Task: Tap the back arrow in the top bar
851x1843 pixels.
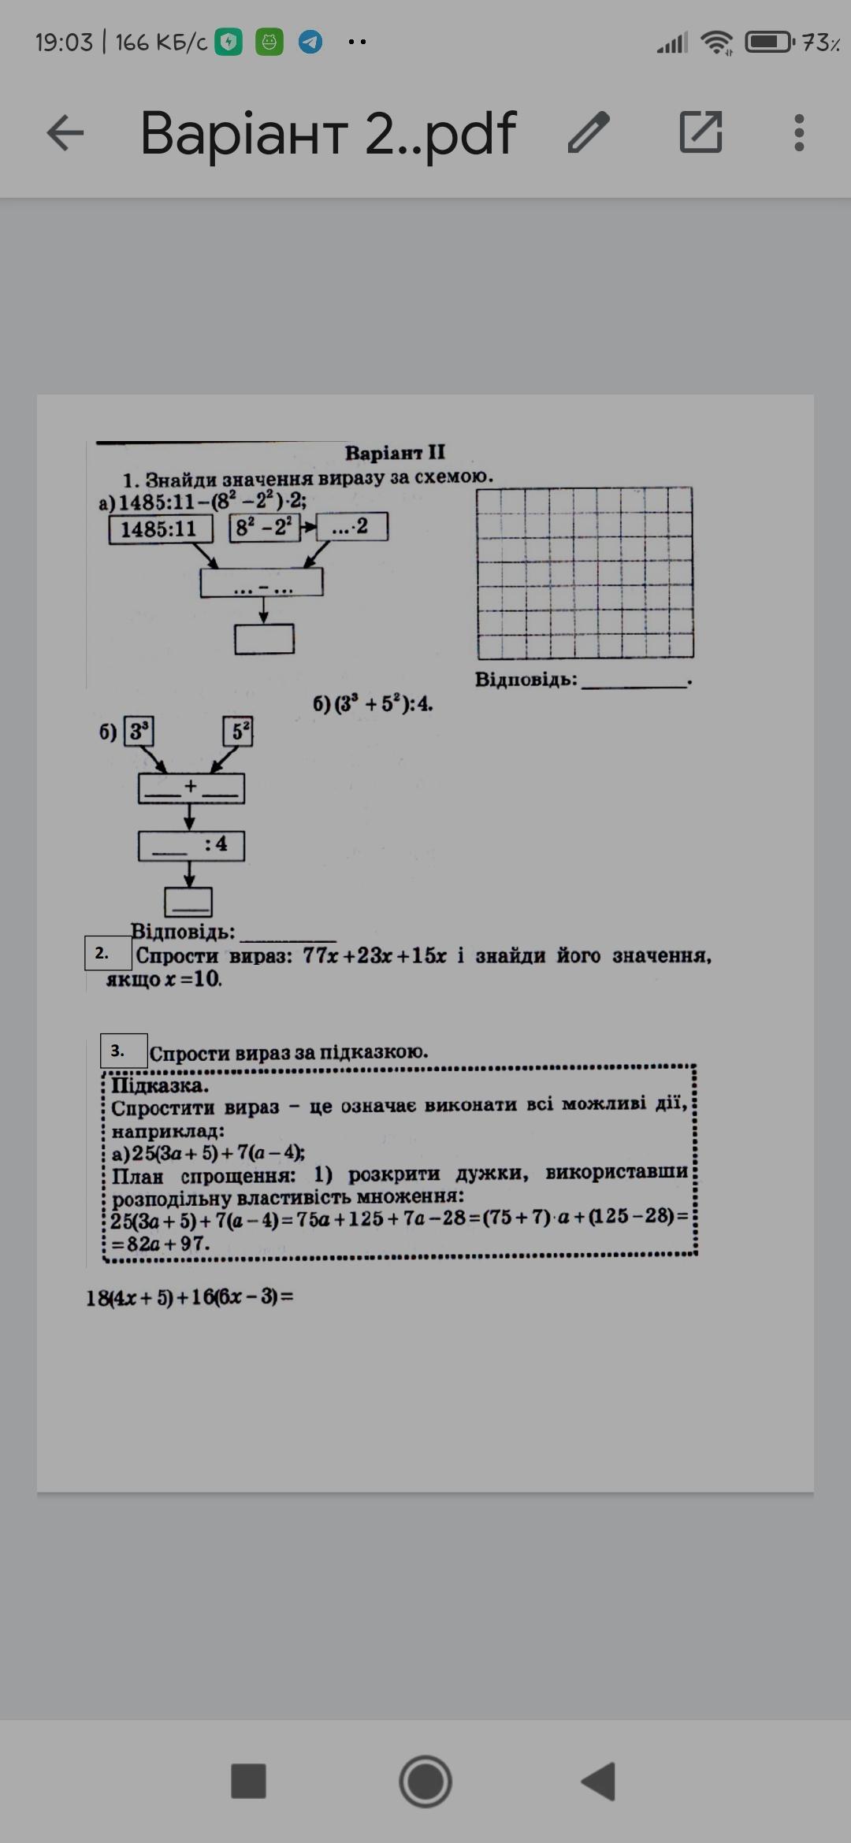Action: [x=65, y=132]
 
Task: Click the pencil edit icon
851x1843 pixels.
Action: [x=589, y=132]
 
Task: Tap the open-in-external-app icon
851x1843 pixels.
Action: [x=700, y=132]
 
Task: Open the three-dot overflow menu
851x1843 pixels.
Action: [x=799, y=132]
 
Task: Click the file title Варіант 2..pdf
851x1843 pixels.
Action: [x=328, y=132]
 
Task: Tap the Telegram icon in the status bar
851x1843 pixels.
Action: [x=310, y=42]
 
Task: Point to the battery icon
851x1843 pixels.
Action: [x=769, y=42]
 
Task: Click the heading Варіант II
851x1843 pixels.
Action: [x=395, y=453]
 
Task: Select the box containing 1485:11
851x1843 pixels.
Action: [x=161, y=528]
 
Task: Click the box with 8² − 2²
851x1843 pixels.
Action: [x=265, y=527]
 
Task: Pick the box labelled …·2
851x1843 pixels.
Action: [x=351, y=527]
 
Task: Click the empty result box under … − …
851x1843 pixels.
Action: [x=264, y=639]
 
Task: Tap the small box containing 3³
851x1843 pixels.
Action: [x=139, y=732]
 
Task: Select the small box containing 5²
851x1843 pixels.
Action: [x=238, y=732]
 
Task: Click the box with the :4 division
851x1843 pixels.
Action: [x=191, y=846]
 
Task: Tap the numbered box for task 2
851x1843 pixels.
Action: [x=108, y=953]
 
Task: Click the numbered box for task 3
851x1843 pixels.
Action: [x=124, y=1051]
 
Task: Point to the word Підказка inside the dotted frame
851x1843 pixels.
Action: [x=160, y=1085]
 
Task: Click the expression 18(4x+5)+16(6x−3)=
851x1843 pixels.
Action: [x=189, y=1297]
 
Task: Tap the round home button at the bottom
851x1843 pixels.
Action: [x=425, y=1781]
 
